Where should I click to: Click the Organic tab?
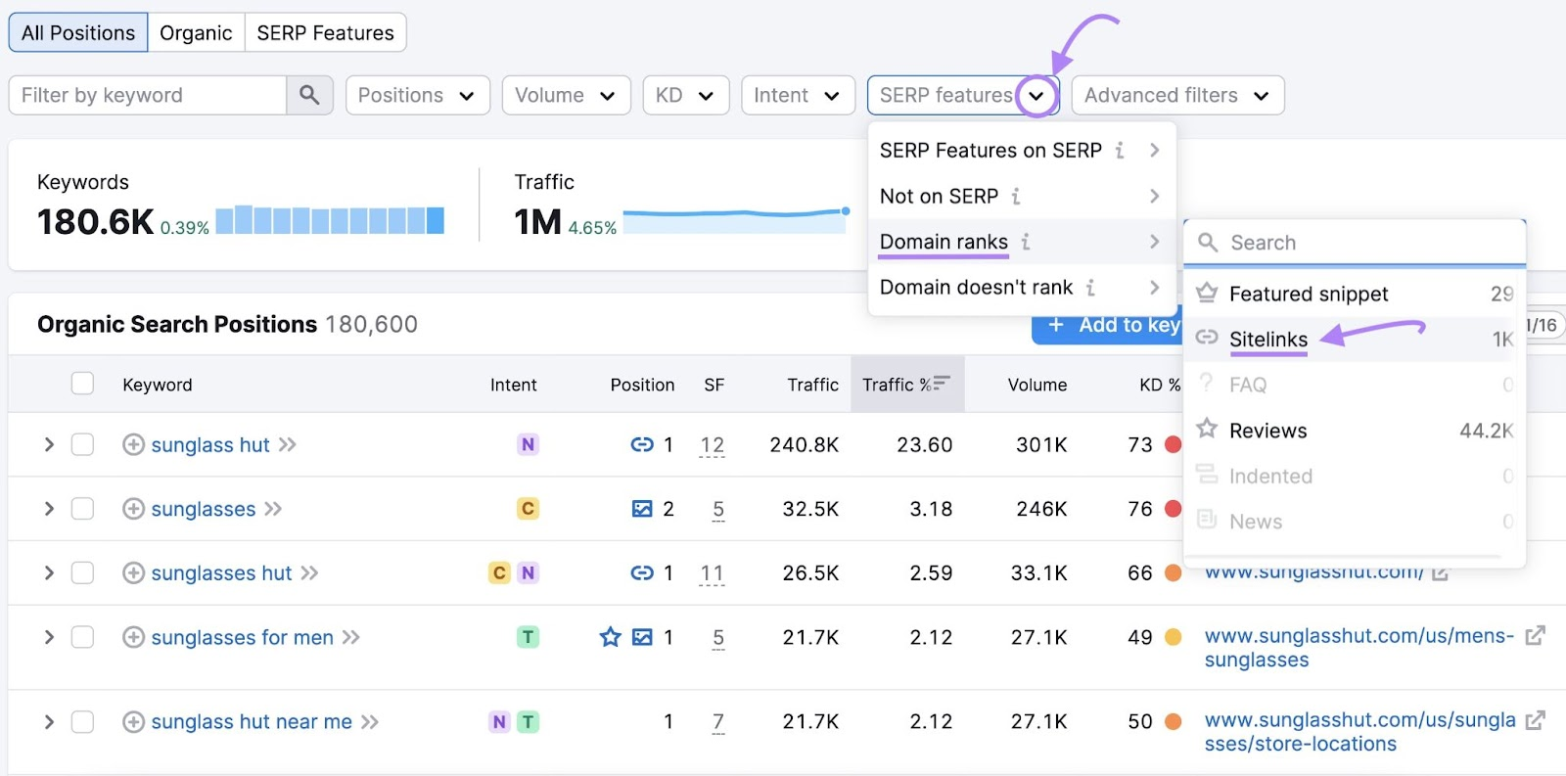point(196,33)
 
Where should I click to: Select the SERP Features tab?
point(325,33)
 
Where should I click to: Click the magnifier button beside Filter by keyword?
point(309,95)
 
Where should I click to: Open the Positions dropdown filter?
point(417,95)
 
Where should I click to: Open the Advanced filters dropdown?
point(1176,95)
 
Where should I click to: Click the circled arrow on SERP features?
point(1036,96)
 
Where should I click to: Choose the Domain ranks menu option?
point(944,242)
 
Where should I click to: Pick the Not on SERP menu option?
point(939,196)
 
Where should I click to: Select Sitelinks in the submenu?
point(1268,340)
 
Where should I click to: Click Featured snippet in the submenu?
point(1309,294)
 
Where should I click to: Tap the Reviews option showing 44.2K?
point(1268,431)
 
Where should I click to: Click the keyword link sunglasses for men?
point(242,638)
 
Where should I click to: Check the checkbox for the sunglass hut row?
point(82,444)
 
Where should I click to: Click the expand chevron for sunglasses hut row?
point(49,572)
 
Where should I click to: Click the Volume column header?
point(1036,385)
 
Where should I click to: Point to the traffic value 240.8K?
point(804,444)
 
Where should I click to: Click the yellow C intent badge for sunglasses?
point(528,509)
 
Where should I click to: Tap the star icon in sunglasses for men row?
point(611,637)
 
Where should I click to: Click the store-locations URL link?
point(1359,732)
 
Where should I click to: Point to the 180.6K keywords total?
point(95,222)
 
